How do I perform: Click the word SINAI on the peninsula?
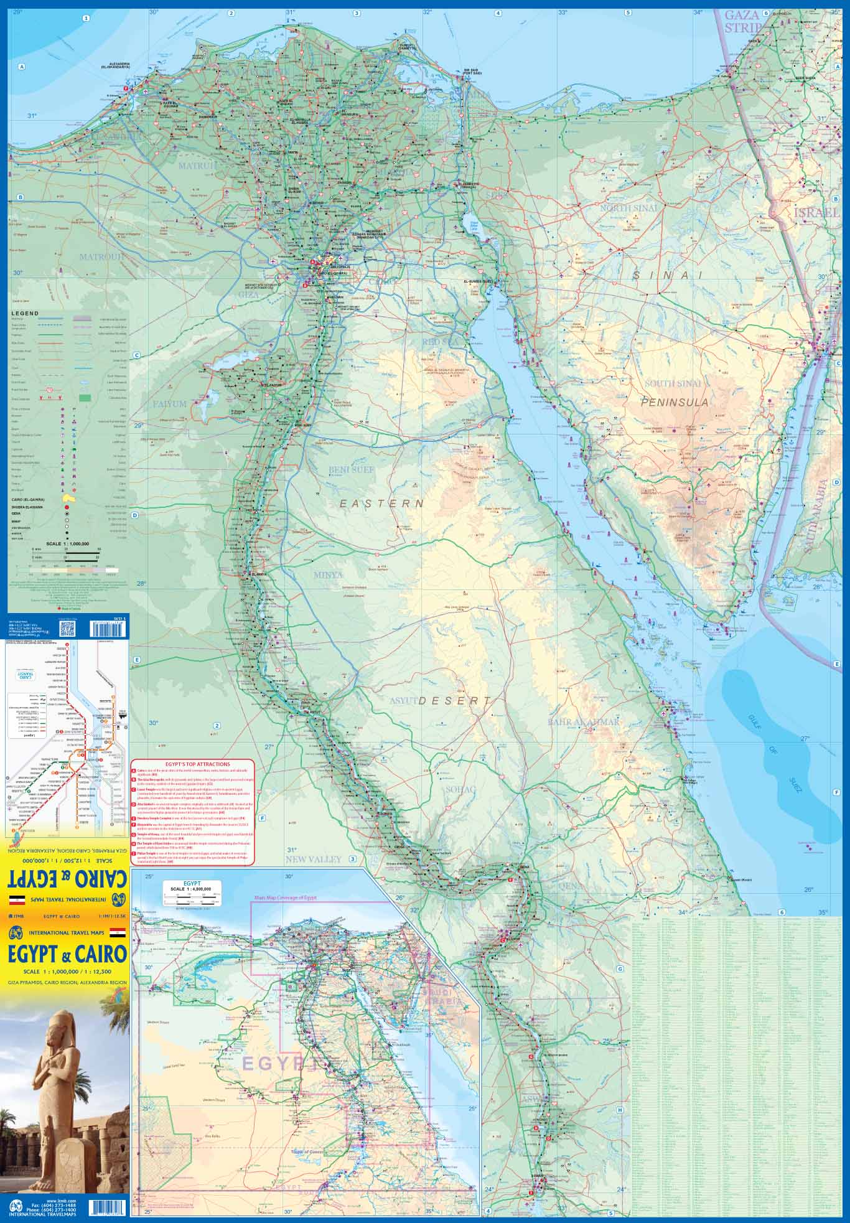pyautogui.click(x=666, y=274)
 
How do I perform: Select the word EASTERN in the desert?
pyautogui.click(x=381, y=503)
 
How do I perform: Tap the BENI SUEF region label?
pyautogui.click(x=352, y=470)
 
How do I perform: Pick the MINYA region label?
pyautogui.click(x=328, y=575)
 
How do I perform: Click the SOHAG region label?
pyautogui.click(x=460, y=789)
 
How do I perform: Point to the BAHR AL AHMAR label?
pyautogui.click(x=584, y=722)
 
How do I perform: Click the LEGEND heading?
pyautogui.click(x=25, y=313)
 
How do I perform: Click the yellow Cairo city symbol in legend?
pyautogui.click(x=68, y=499)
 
